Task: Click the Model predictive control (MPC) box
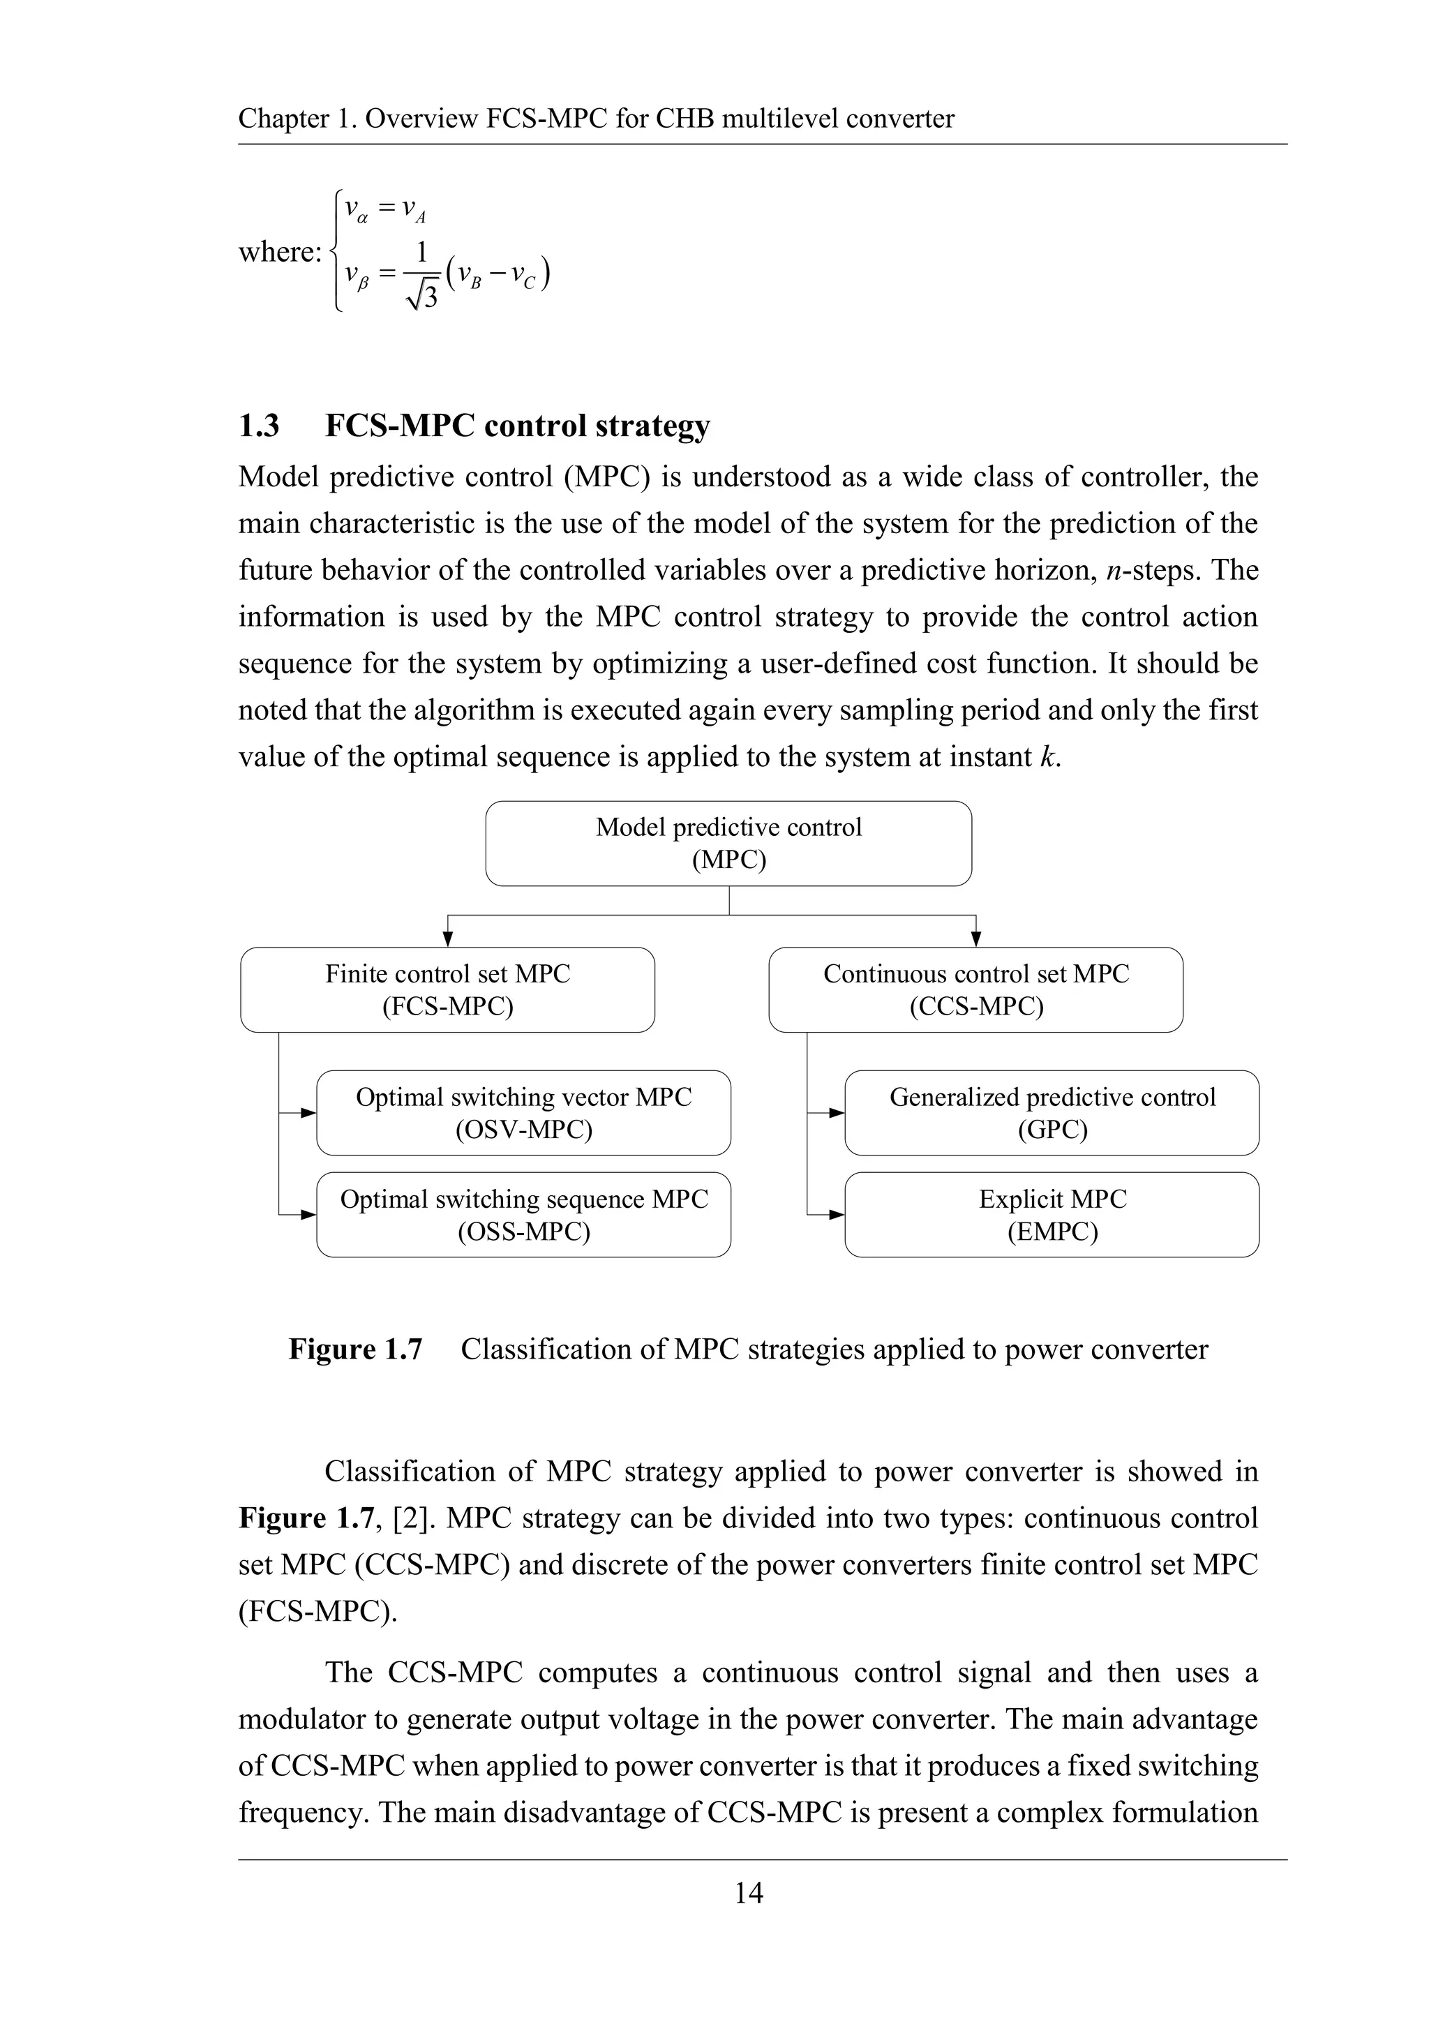[728, 843]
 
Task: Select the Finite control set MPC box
[447, 989]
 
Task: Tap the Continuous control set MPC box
[976, 989]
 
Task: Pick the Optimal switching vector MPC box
[523, 1113]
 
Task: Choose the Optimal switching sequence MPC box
[523, 1215]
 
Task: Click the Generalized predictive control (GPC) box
[1052, 1113]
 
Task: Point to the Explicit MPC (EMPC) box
[1052, 1215]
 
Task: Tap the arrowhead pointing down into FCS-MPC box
[448, 940]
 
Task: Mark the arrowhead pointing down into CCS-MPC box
[977, 940]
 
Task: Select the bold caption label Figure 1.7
[355, 1349]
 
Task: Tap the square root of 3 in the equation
[422, 297]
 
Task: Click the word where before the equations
[278, 253]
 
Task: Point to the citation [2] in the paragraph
[412, 1518]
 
